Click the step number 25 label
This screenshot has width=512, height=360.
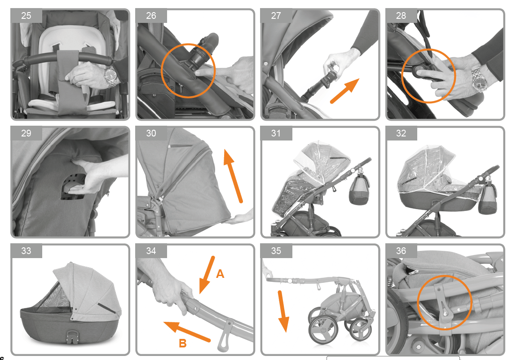(26, 16)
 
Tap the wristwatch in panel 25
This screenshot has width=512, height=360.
(111, 77)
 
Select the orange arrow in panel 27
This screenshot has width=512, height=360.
(345, 91)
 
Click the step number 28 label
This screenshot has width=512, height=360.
(401, 16)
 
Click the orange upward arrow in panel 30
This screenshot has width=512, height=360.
(233, 176)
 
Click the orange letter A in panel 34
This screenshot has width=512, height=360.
(220, 274)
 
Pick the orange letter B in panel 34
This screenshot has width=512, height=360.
(183, 343)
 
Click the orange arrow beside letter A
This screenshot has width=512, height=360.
(207, 275)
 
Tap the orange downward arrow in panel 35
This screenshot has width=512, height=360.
(283, 311)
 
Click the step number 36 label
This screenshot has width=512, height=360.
(401, 250)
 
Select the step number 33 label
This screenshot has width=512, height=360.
(26, 250)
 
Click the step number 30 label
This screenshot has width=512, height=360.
(151, 133)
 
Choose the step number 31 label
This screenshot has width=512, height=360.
(276, 133)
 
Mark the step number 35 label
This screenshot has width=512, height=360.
(276, 250)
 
